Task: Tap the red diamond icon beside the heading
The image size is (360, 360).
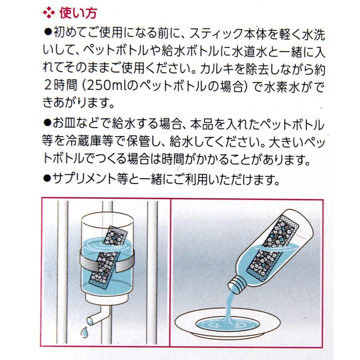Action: (x=48, y=14)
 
